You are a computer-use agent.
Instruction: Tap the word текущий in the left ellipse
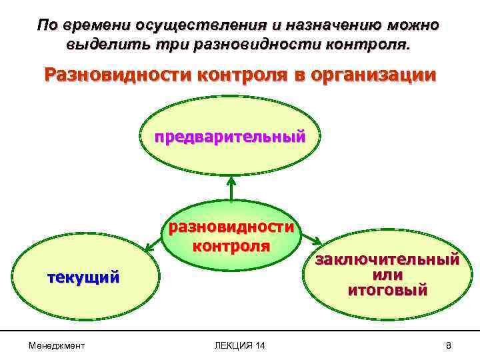point(83,277)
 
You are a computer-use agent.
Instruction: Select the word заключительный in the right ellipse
point(387,259)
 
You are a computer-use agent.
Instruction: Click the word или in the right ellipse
point(387,275)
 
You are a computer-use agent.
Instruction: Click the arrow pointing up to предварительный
point(231,187)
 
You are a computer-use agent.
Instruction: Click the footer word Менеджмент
point(57,345)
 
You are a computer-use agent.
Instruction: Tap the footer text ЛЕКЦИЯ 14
point(239,345)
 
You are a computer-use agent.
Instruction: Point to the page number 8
point(449,345)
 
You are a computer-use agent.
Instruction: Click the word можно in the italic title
point(413,25)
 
